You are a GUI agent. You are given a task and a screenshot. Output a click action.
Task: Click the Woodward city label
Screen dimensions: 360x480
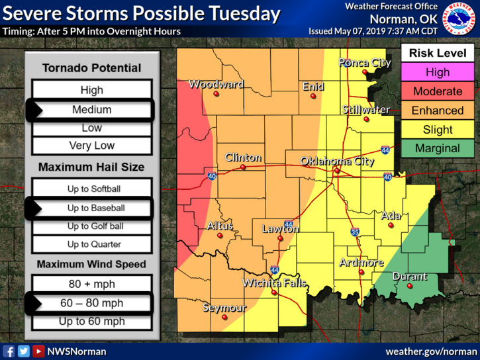pyautogui.click(x=216, y=84)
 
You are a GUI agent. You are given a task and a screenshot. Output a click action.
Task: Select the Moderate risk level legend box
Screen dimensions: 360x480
pyautogui.click(x=437, y=91)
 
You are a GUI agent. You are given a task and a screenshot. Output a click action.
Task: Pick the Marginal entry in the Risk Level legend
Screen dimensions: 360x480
pyautogui.click(x=437, y=149)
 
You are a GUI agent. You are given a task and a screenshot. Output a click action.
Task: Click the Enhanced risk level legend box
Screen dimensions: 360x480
pyautogui.click(x=437, y=111)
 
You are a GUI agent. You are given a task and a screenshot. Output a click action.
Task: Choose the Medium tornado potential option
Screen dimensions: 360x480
pyautogui.click(x=91, y=110)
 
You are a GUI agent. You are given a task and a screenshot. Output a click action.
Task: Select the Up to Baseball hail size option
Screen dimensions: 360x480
pyautogui.click(x=91, y=208)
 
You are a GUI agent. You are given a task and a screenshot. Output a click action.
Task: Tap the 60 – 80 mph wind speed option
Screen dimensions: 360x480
pyautogui.click(x=91, y=304)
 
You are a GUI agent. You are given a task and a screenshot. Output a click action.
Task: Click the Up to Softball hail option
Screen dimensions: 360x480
pyautogui.click(x=91, y=189)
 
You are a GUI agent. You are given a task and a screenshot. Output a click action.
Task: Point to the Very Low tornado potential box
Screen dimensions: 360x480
pyautogui.click(x=91, y=146)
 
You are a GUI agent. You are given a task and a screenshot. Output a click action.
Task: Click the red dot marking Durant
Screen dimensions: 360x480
pyautogui.click(x=410, y=286)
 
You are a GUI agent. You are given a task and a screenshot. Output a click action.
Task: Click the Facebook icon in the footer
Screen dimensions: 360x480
pyautogui.click(x=9, y=351)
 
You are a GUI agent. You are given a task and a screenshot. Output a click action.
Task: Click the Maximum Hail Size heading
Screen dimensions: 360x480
pyautogui.click(x=91, y=167)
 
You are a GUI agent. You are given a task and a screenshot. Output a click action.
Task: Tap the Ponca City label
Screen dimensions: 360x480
pyautogui.click(x=365, y=63)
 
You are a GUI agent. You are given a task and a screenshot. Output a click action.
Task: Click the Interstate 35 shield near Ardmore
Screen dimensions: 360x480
pyautogui.click(x=355, y=232)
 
